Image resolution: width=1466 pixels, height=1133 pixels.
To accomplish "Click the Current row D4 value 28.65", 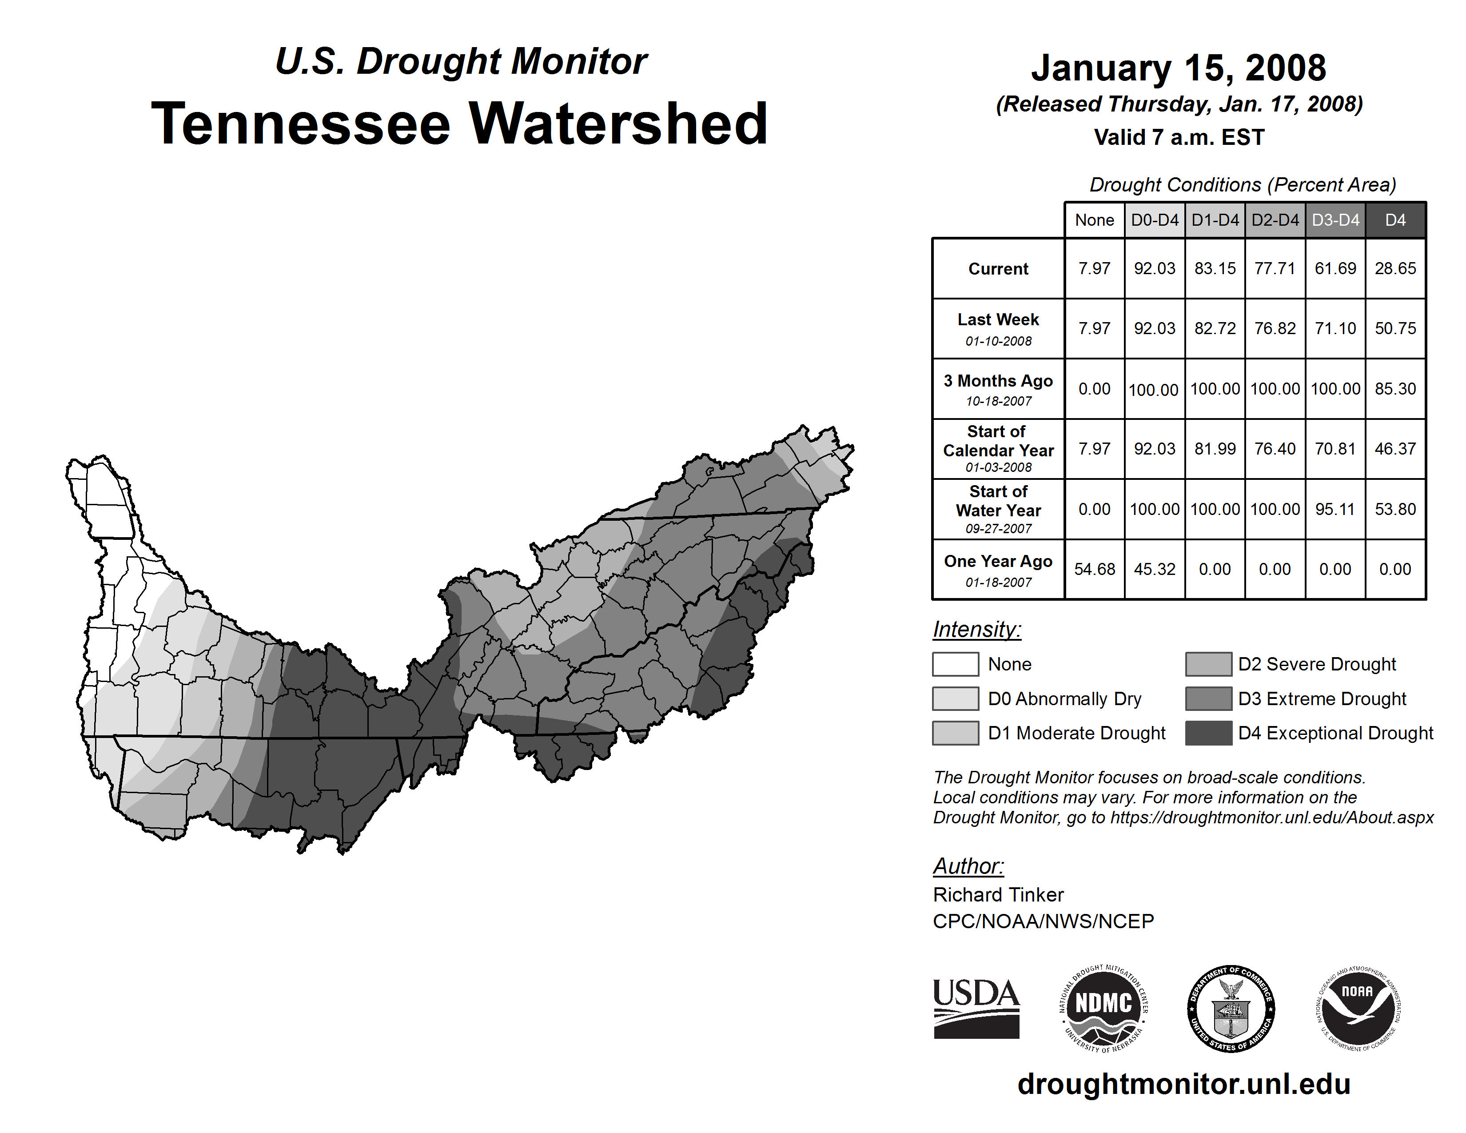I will point(1395,268).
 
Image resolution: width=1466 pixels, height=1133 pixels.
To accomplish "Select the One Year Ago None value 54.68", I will point(1094,569).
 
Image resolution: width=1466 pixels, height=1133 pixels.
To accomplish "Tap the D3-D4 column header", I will point(1335,220).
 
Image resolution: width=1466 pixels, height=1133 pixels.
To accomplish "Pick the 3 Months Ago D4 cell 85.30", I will point(1395,389).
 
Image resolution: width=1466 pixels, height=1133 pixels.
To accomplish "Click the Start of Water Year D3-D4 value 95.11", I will point(1335,509).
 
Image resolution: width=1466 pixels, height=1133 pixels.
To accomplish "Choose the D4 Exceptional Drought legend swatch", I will point(1208,733).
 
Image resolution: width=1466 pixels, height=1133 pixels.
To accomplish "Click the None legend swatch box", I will point(955,664).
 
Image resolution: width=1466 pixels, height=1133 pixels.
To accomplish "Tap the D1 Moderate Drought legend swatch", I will point(955,733).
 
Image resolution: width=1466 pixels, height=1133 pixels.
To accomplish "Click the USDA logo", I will point(976,1008).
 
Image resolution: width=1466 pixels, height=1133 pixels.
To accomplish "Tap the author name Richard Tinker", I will point(998,895).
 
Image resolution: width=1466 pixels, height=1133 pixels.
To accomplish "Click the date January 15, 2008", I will point(1179,68).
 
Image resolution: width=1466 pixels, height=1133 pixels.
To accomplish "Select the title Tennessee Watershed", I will point(460,124).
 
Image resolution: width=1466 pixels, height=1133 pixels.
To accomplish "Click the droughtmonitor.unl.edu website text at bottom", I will point(1184,1084).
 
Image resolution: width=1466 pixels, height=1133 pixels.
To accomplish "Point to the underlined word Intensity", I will point(976,630).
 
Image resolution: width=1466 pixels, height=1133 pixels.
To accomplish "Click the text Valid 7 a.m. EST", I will point(1179,138).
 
